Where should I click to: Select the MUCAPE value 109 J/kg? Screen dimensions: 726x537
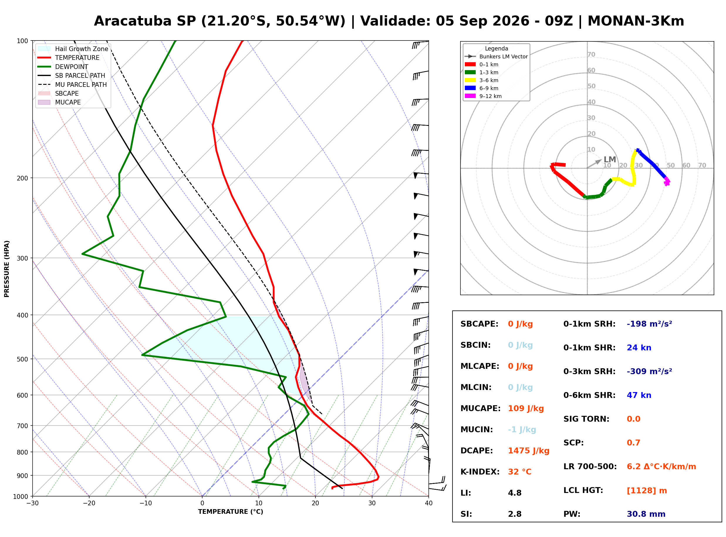coord(526,408)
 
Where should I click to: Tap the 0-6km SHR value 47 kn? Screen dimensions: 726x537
coord(639,395)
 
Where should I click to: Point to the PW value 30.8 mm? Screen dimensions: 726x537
coord(646,514)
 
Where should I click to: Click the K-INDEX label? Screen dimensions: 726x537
coord(480,472)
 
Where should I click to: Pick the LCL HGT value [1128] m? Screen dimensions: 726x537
coord(647,491)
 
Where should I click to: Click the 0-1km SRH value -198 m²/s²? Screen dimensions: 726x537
coord(649,324)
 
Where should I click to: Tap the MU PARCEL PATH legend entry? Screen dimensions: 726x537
coord(72,85)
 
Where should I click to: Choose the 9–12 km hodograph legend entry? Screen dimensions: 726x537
coord(483,96)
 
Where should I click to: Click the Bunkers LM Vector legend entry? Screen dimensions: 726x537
coord(496,57)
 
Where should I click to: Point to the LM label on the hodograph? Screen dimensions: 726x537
coord(610,160)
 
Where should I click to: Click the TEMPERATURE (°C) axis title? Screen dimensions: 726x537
coord(231,512)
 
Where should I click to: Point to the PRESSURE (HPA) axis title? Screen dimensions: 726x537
coord(7,269)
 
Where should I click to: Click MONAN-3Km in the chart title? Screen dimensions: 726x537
coord(636,21)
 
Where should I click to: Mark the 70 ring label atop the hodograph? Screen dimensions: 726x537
coord(591,54)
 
